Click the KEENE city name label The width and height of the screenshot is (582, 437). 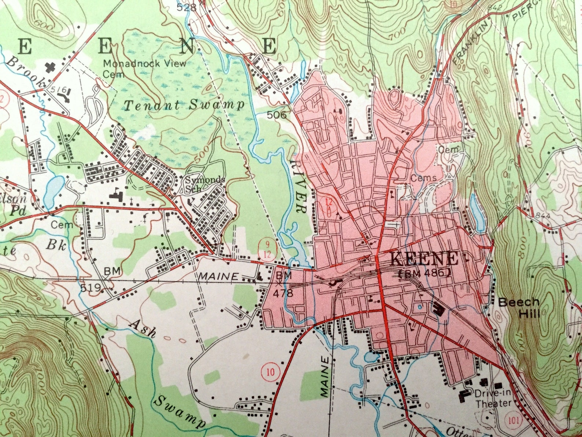pos(424,259)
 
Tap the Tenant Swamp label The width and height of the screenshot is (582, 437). pos(184,106)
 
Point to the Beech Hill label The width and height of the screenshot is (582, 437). pos(519,308)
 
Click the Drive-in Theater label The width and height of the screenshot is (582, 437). pos(493,398)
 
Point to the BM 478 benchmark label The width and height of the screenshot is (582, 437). pos(283,284)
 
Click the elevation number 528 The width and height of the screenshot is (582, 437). pos(186,7)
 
